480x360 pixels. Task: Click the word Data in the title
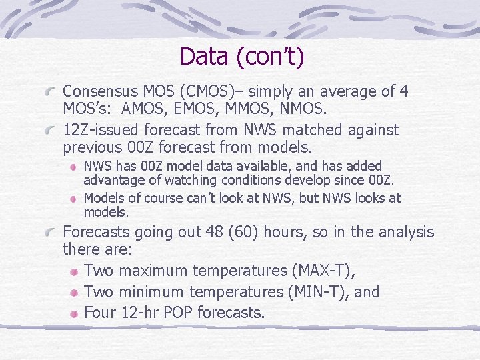pyautogui.click(x=204, y=56)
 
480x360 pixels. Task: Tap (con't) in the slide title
pyautogui.click(x=269, y=57)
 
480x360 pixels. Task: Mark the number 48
pyautogui.click(x=231, y=232)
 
